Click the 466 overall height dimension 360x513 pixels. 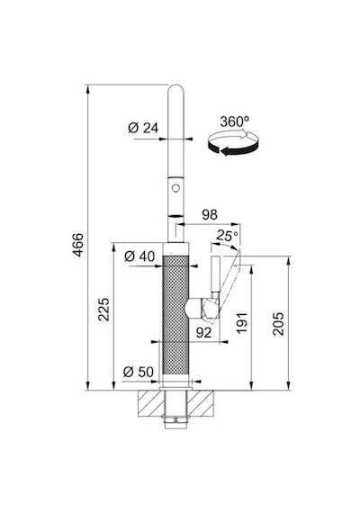[x=78, y=245]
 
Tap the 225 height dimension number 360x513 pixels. [x=104, y=310]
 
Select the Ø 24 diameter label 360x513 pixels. [x=143, y=128]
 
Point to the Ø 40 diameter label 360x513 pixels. [x=139, y=256]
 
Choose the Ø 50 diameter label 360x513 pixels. [x=139, y=372]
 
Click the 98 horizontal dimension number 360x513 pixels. [x=210, y=214]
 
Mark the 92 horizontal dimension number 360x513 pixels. [x=203, y=332]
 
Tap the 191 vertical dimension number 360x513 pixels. [x=242, y=323]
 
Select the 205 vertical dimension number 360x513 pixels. [x=278, y=324]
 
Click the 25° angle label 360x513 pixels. [x=227, y=235]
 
